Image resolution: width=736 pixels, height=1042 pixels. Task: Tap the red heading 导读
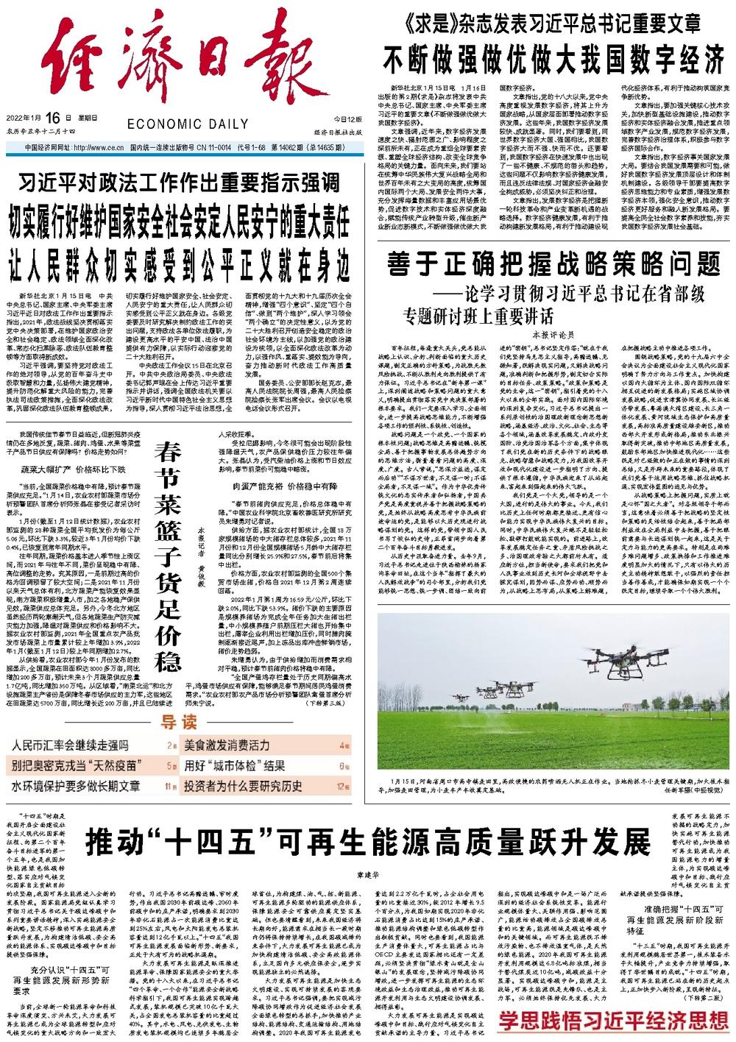[x=180, y=720]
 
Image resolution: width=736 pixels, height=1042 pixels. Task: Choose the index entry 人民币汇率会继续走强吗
[x=70, y=745]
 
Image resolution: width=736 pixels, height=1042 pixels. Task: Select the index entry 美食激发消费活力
[x=227, y=745]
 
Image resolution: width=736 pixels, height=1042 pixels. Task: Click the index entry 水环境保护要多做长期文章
[x=76, y=785]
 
